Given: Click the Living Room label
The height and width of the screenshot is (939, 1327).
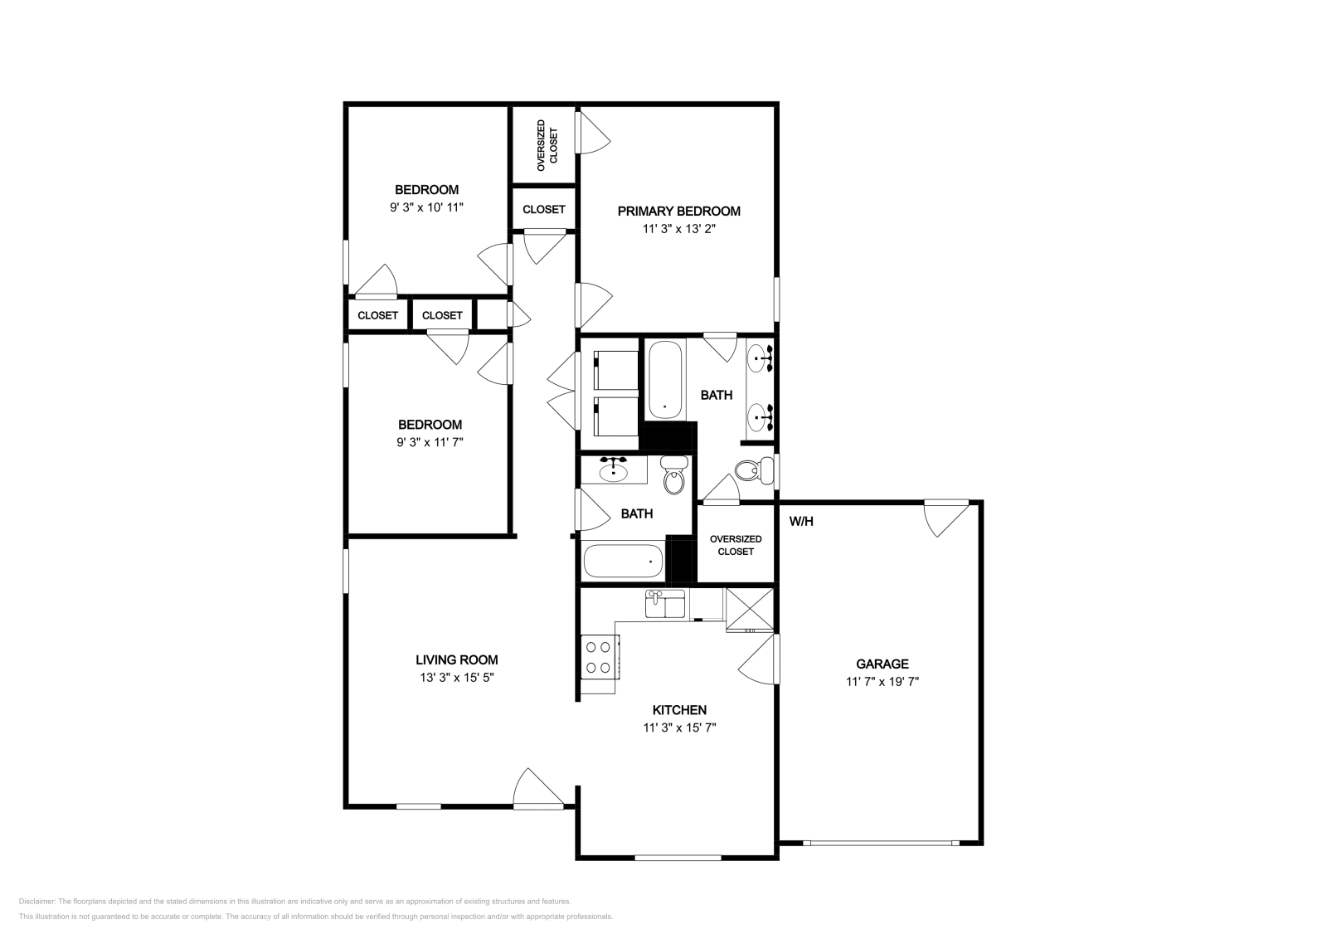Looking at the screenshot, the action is point(456,659).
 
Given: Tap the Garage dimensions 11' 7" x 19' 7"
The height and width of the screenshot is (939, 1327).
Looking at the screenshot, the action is point(882,681).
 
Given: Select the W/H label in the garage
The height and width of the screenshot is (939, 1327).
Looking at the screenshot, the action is point(801,521).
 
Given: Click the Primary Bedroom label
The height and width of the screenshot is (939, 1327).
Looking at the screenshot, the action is point(679,211).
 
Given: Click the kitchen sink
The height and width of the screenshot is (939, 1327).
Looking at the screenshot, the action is point(664,604).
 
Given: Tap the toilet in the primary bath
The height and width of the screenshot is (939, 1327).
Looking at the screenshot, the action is point(755,470).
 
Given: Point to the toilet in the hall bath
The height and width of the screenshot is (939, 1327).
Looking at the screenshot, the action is point(674,475).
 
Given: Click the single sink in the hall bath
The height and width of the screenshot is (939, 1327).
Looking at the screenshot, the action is point(614,470).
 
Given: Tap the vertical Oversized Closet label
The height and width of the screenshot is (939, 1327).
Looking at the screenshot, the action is point(547,146).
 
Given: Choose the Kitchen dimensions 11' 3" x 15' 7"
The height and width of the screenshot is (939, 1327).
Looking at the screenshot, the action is point(679,727).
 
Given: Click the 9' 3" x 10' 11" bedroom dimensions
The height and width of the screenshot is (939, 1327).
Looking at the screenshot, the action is point(426,207).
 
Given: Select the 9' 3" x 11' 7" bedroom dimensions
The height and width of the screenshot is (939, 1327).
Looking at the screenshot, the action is point(430,442).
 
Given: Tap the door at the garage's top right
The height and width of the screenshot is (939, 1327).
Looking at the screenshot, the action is point(946,519).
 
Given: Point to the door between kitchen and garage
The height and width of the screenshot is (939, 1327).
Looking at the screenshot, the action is point(759,659).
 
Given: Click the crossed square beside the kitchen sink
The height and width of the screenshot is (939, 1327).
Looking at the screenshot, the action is point(750,610).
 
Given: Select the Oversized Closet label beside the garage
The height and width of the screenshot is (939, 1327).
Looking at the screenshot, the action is point(736,545).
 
